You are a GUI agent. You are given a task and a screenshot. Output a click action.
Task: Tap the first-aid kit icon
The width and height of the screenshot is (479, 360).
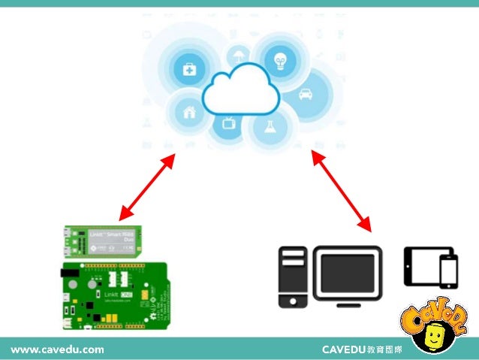(188, 70)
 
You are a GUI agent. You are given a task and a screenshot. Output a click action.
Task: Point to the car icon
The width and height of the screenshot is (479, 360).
(306, 95)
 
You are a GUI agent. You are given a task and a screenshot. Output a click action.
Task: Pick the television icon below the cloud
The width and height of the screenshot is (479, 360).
(227, 122)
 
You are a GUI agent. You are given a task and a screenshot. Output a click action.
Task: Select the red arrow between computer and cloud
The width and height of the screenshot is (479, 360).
(342, 189)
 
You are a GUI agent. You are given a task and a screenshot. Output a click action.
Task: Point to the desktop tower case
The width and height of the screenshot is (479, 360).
(293, 277)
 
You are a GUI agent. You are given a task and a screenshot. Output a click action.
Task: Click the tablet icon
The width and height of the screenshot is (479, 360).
(421, 264)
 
